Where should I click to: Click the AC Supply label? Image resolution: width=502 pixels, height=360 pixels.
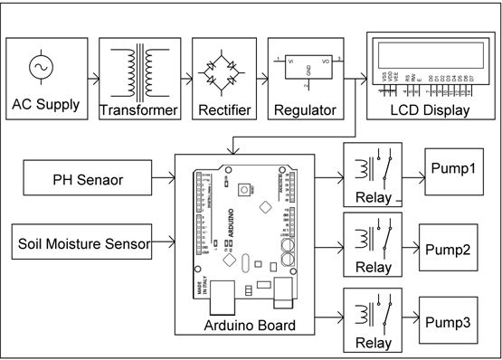click(46, 104)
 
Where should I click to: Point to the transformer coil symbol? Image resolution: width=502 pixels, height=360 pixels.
click(137, 69)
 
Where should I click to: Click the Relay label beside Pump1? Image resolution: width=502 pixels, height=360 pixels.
click(374, 198)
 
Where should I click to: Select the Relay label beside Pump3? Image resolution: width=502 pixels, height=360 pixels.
click(374, 343)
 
